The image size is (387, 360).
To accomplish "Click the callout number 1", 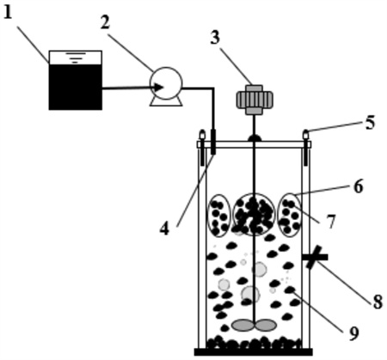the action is coord(8,12).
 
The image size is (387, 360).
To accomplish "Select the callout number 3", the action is coord(215,38).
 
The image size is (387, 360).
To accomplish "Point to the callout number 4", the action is coord(164,229).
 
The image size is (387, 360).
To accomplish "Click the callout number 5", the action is coord(370,122).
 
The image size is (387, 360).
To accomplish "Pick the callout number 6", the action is coord(359,186).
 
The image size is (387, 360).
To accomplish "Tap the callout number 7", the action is coord(331,222).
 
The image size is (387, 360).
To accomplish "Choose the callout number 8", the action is coord(378,302).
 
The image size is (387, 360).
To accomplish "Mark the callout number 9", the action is coord(353,333).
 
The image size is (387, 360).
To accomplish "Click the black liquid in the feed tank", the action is coord(76,87).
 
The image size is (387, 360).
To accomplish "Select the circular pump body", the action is coord(166,83).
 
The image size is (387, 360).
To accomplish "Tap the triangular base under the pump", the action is coord(166,101).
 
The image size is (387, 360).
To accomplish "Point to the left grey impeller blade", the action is coord(243,325).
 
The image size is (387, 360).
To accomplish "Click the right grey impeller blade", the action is coord(266,325).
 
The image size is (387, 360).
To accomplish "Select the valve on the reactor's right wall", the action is coord(315,257).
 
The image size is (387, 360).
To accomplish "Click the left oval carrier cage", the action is coord(219,216).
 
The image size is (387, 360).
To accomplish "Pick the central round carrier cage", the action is coord(254,214).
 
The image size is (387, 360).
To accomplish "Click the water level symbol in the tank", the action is coord(75,58).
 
